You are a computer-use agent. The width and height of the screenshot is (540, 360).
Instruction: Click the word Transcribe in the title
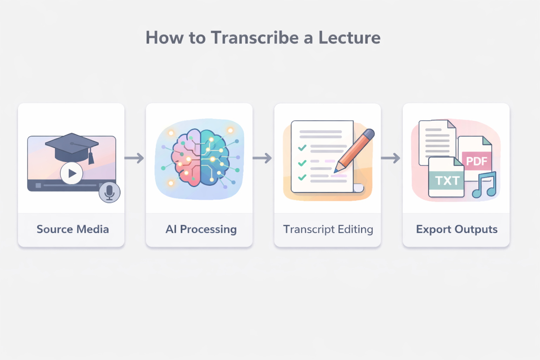click(255, 38)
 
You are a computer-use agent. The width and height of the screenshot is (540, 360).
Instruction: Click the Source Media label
click(73, 229)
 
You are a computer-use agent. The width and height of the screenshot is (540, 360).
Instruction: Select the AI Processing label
click(201, 229)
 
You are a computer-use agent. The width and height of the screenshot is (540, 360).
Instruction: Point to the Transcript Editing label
click(328, 229)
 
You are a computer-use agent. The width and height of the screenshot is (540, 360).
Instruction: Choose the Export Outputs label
click(457, 229)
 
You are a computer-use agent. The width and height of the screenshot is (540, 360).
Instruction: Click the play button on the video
click(72, 173)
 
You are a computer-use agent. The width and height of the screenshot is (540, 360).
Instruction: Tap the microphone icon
click(109, 192)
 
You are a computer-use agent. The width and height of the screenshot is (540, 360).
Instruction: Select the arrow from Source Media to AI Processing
click(135, 158)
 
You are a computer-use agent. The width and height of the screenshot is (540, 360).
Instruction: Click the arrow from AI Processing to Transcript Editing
click(263, 158)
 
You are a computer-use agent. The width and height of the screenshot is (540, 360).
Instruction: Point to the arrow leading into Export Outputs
click(391, 158)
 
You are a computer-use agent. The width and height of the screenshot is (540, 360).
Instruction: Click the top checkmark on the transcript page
click(302, 148)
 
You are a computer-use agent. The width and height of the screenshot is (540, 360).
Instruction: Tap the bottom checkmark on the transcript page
click(302, 178)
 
